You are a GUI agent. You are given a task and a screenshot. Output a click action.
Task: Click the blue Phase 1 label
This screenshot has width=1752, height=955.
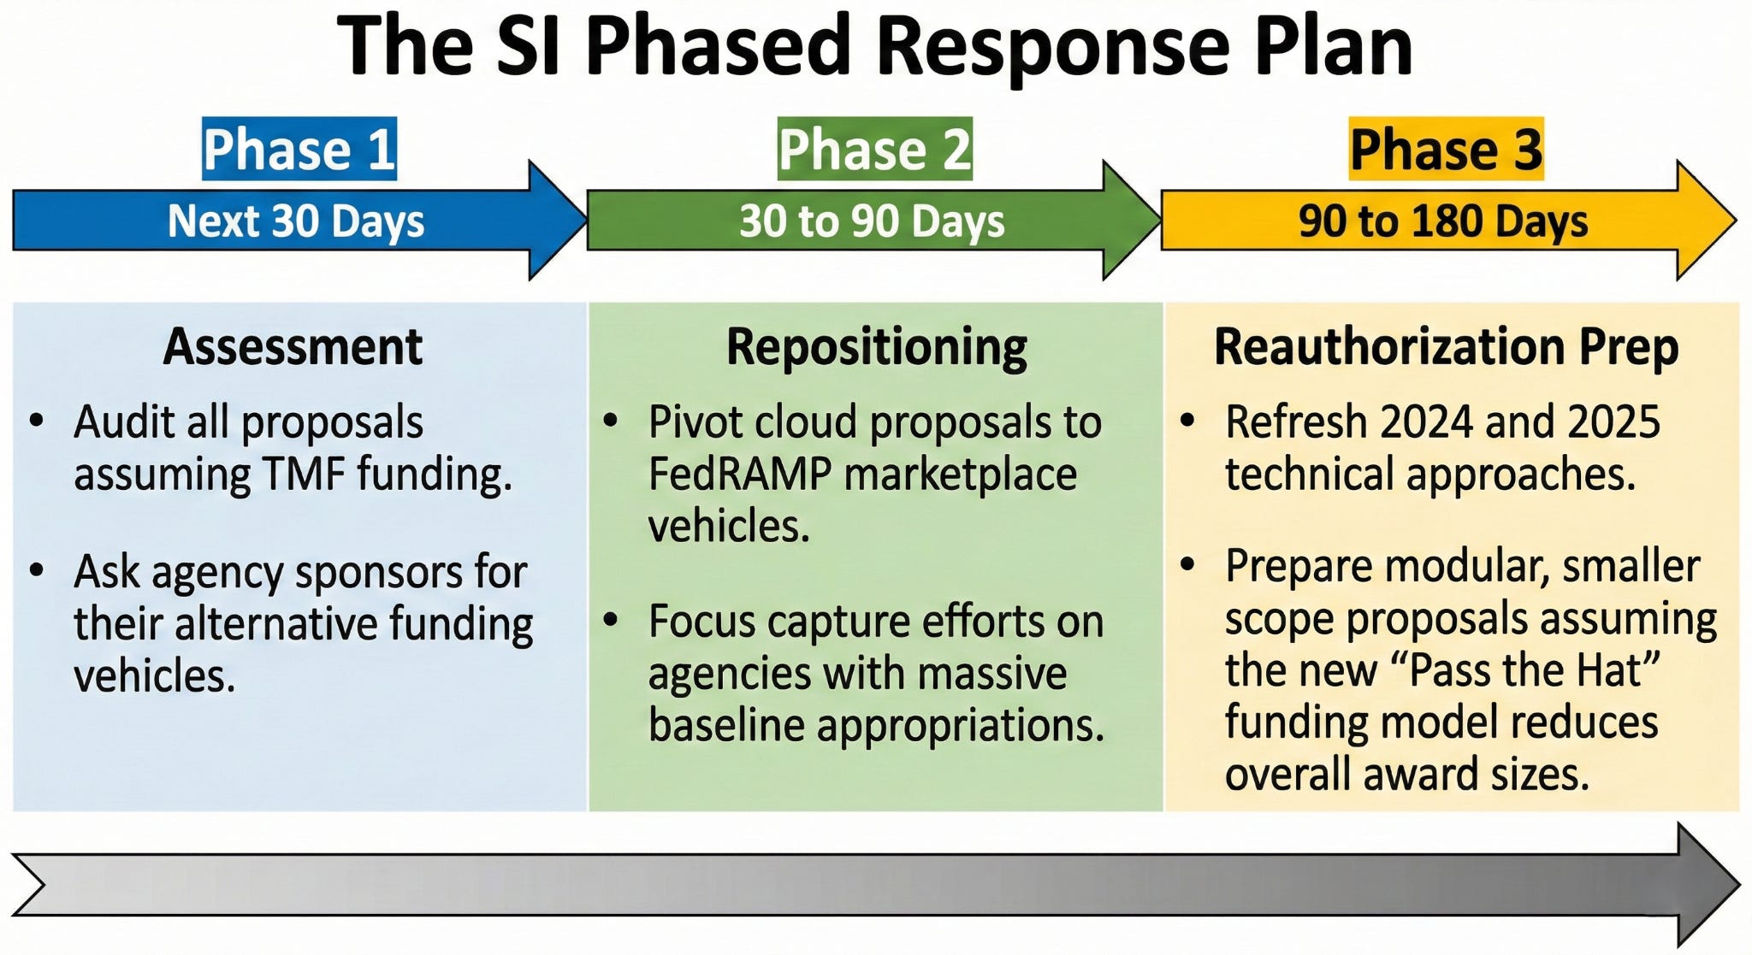tap(299, 149)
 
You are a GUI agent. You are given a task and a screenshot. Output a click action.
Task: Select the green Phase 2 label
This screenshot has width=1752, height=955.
tap(874, 149)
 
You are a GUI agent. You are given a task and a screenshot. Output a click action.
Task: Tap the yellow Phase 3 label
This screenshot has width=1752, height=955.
tap(1447, 149)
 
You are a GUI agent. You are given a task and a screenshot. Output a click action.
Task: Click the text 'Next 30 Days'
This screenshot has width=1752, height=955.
tap(296, 221)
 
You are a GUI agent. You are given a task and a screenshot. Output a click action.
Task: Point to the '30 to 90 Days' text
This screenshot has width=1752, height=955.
tap(872, 221)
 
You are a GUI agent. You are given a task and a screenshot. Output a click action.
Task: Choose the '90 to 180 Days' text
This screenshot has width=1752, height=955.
tap(1443, 221)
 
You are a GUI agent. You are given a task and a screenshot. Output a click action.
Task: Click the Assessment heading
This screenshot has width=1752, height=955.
tap(293, 347)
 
